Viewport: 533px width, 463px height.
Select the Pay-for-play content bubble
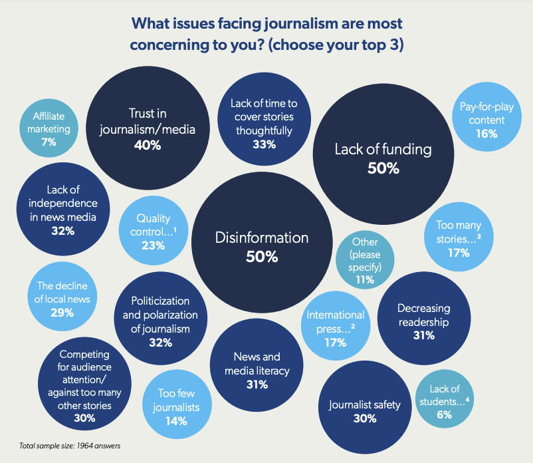pos(486,120)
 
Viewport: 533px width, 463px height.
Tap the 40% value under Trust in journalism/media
pos(147,145)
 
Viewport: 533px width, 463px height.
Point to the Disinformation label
pos(261,237)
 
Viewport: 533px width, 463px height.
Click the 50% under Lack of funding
pos(383,168)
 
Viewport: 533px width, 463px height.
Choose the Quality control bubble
pos(153,231)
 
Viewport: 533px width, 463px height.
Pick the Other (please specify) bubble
pos(364,259)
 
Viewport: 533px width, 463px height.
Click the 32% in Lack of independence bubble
pos(62,231)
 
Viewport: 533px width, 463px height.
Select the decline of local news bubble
pos(61,299)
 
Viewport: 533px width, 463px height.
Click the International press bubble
pos(336,328)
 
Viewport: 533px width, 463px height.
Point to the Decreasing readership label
pos(423,315)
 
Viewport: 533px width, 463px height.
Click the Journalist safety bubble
pos(365,411)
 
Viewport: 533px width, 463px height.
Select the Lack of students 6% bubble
pos(445,401)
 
